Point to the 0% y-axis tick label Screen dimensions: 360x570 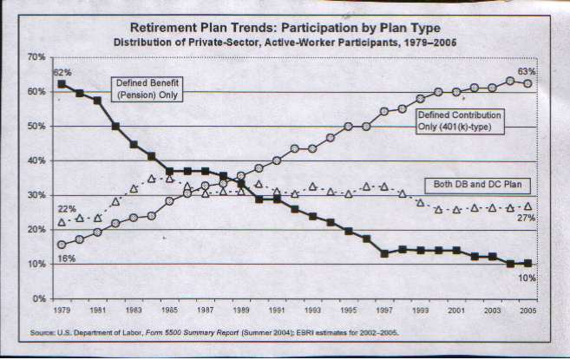click(36, 299)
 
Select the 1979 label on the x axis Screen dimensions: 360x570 click(61, 310)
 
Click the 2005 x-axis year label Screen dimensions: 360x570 click(527, 310)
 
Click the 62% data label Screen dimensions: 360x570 click(62, 72)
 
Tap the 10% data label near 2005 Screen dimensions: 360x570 click(527, 278)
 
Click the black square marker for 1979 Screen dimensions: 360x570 click(62, 84)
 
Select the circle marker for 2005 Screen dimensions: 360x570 click(527, 83)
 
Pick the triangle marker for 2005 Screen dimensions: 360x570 click(527, 206)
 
